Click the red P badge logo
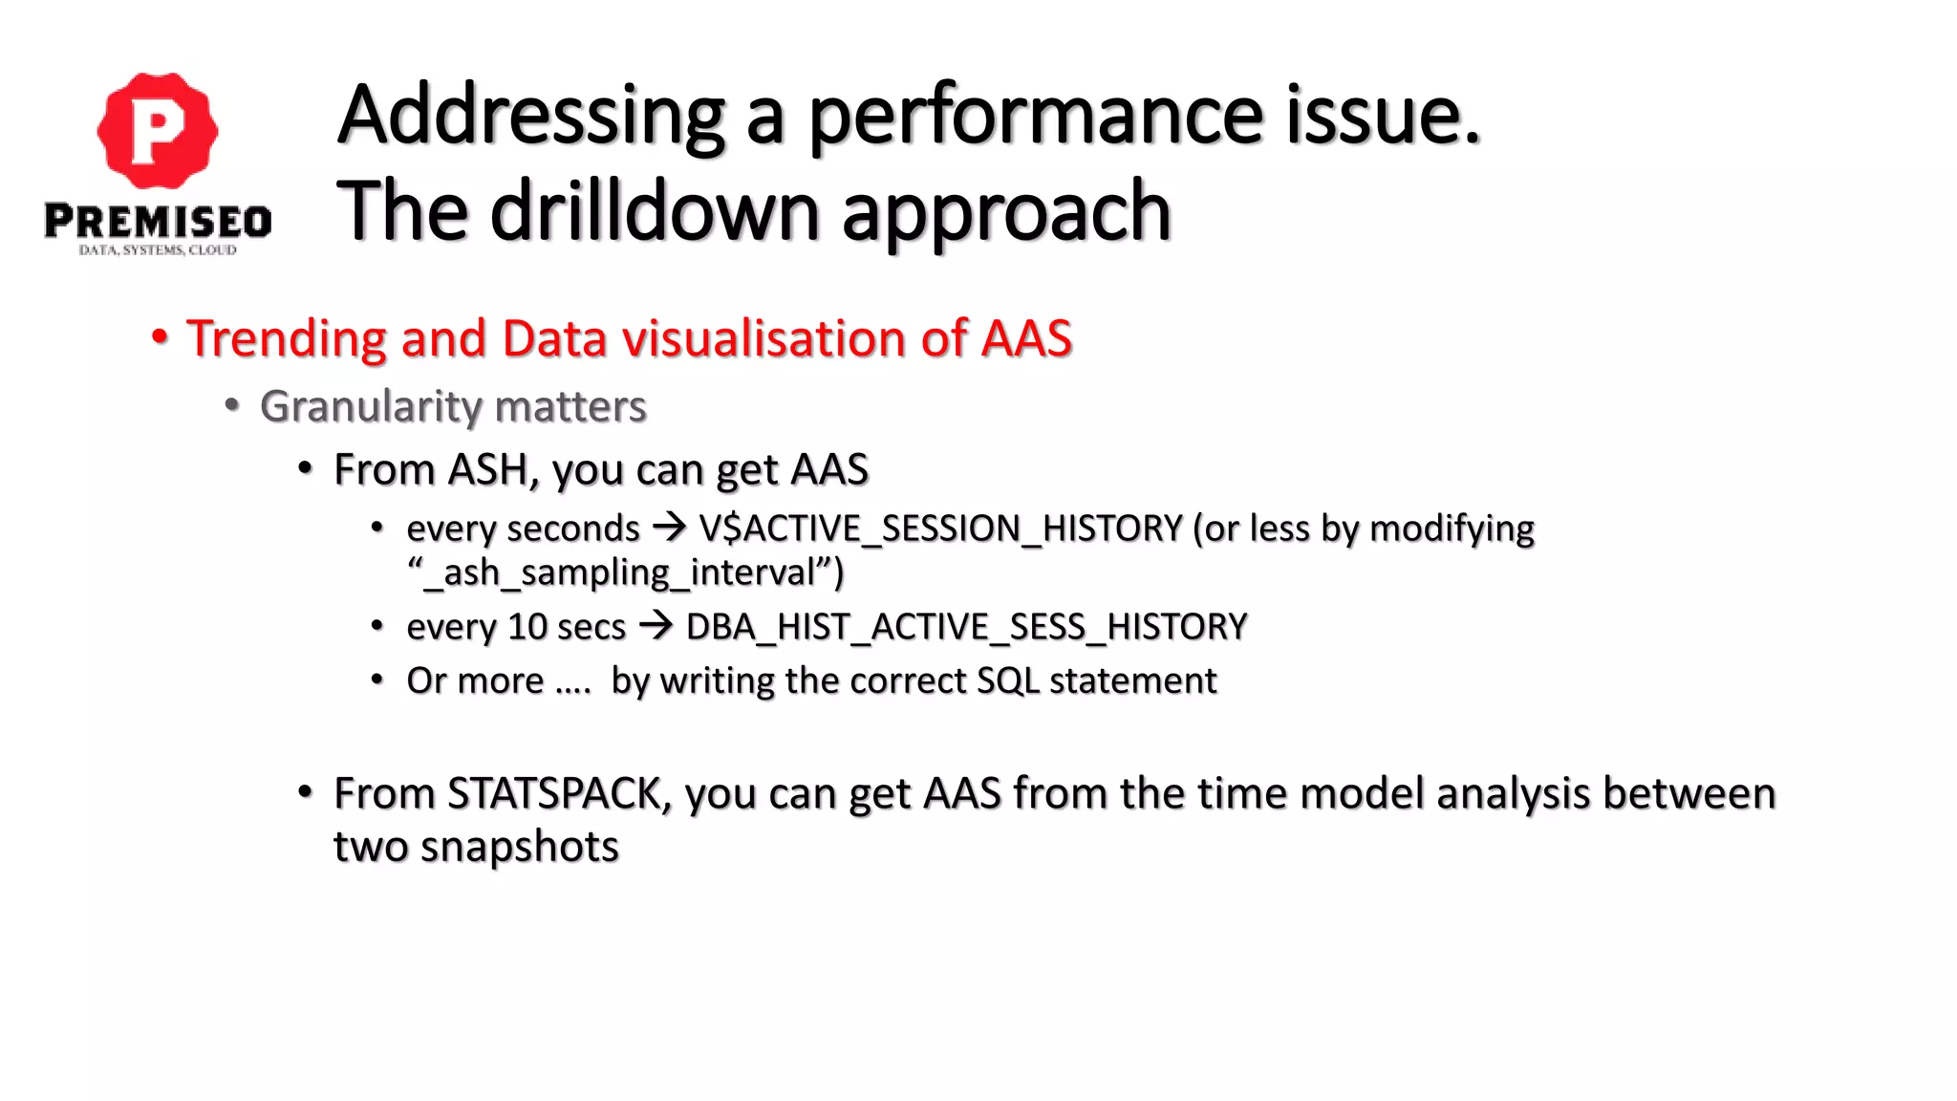tap(158, 130)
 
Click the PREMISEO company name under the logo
tap(158, 222)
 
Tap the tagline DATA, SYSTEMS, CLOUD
tap(158, 250)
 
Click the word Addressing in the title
tap(531, 117)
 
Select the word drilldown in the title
tap(655, 212)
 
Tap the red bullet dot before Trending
tap(160, 337)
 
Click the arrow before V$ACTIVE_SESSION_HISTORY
tap(669, 527)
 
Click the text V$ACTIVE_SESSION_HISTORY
tap(940, 529)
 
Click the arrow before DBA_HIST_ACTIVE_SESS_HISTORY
tap(656, 626)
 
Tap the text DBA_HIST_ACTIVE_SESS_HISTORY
tap(966, 627)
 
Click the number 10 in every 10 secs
tap(527, 627)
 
